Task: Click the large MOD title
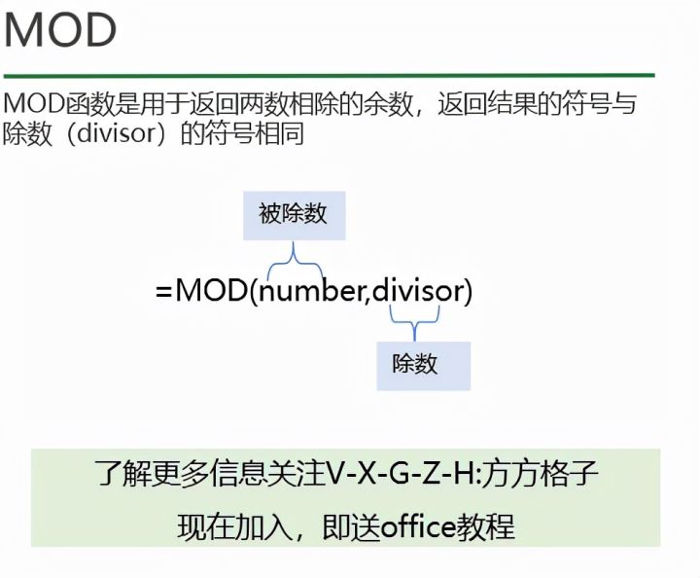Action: coord(61,32)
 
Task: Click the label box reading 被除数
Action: coord(293,215)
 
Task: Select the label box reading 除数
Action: coord(423,365)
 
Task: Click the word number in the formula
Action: coord(310,290)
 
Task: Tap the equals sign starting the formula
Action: coord(163,290)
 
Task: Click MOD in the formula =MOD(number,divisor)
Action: coord(210,290)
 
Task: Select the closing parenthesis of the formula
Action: coord(468,290)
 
